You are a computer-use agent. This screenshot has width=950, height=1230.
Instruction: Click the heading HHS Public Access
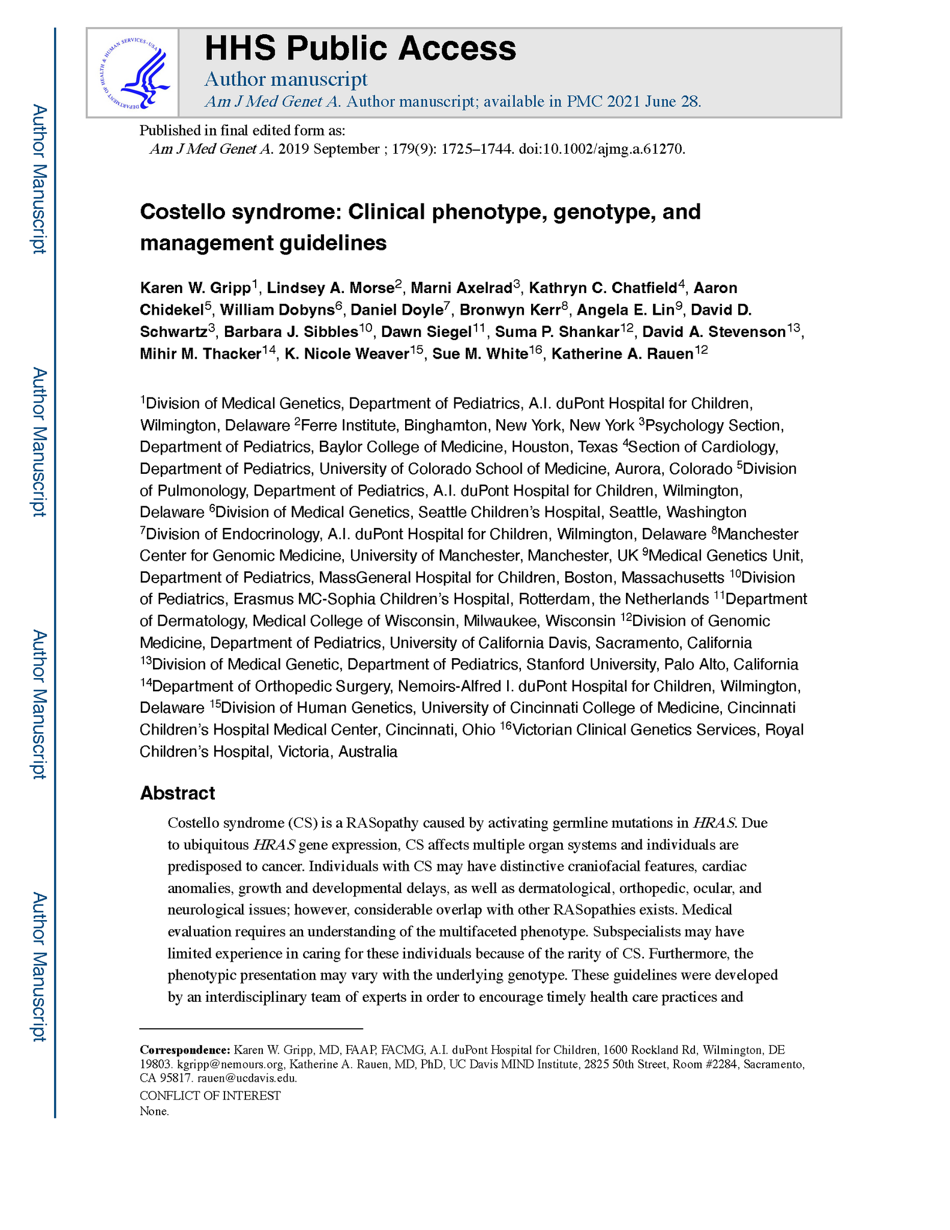point(360,48)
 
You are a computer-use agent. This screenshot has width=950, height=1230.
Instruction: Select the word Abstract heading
point(177,793)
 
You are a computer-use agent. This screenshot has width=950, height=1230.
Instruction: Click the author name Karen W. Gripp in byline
point(195,288)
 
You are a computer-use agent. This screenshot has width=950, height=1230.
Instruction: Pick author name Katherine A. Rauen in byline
point(622,354)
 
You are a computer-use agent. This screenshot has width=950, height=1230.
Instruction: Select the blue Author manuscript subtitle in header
point(286,79)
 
